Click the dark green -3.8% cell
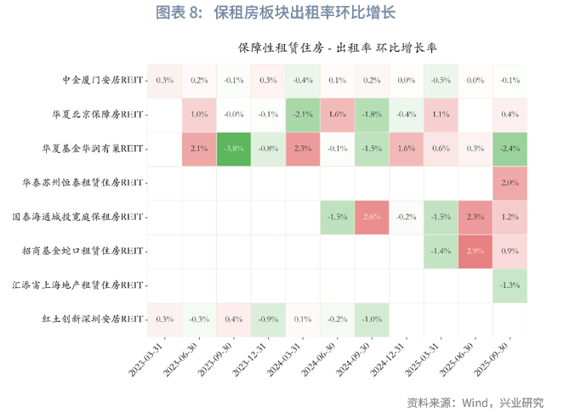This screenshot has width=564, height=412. (234, 148)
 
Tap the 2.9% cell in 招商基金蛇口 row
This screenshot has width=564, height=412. (476, 251)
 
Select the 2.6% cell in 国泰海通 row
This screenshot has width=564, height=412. (372, 217)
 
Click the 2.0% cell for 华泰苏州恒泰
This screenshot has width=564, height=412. (510, 182)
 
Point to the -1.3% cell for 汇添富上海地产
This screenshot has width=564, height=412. (510, 285)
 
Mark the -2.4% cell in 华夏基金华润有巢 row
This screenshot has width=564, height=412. (510, 148)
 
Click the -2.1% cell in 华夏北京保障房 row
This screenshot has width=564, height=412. (303, 114)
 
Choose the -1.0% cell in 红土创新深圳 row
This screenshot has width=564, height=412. (372, 319)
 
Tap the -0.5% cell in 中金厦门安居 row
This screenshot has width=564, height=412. (441, 81)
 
